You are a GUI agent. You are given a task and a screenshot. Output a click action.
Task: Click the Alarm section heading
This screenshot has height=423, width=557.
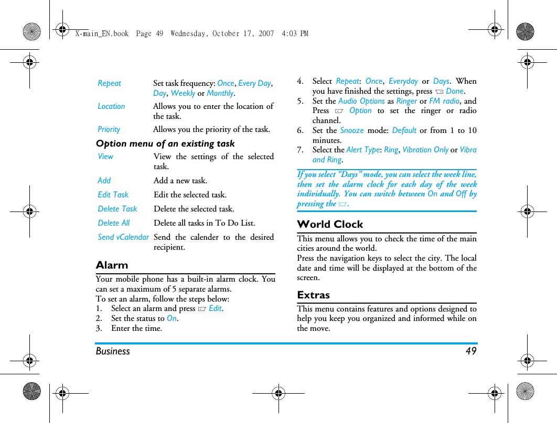tap(112, 265)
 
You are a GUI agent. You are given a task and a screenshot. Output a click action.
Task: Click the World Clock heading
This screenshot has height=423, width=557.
tap(330, 225)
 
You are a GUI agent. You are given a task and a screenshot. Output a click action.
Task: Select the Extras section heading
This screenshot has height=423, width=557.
tap(313, 295)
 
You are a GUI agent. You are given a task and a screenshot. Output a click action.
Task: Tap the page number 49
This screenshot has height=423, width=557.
tap(471, 351)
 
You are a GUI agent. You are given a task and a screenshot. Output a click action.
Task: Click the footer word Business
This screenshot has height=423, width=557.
tap(113, 351)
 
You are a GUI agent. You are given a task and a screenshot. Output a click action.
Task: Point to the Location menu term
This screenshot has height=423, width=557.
tap(111, 106)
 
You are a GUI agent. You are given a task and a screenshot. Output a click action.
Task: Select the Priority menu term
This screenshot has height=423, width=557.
tap(109, 129)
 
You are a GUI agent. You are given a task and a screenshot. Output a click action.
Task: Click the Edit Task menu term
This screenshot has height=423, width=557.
tap(113, 195)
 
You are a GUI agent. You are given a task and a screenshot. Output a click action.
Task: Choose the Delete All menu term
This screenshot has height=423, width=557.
tap(113, 223)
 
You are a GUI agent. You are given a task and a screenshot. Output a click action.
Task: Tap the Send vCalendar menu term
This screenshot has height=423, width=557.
tap(123, 237)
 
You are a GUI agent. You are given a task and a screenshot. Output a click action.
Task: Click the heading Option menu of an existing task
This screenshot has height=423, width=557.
tap(165, 143)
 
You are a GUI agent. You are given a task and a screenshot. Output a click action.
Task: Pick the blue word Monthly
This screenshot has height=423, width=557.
tap(220, 93)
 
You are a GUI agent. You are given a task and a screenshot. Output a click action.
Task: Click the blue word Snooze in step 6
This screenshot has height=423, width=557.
tap(351, 130)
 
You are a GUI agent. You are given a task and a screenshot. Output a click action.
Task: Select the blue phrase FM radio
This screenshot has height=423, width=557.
tap(444, 101)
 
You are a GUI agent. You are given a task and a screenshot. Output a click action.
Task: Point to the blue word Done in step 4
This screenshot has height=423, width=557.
tap(455, 91)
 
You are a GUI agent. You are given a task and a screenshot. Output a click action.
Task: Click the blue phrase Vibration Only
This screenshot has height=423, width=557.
tap(425, 150)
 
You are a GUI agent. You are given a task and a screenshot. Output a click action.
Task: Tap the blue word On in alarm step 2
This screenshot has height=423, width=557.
tap(172, 318)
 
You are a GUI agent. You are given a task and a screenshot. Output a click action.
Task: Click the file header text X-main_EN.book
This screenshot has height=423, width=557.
tap(102, 34)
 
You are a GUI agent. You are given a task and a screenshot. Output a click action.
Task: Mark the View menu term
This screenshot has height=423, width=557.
tap(105, 157)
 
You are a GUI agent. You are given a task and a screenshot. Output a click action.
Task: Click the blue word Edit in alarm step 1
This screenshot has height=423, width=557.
tap(215, 308)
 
